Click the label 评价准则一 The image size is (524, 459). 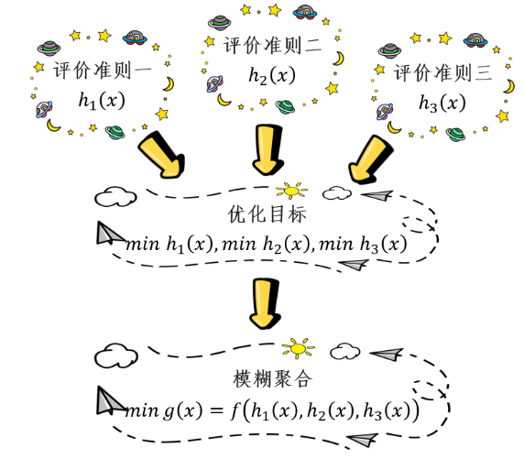103,71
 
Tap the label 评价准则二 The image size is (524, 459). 272,46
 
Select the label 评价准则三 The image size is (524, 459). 442,72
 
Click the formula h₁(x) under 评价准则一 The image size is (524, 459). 102,100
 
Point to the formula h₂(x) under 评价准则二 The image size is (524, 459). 272,75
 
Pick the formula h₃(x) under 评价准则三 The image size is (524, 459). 442,103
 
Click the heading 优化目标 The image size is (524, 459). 267,214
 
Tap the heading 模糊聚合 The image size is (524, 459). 273,379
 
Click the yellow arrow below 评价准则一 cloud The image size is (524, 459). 162,154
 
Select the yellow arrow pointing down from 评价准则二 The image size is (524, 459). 267,150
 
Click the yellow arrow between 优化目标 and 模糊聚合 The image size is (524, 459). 265,303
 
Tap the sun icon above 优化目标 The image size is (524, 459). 291,191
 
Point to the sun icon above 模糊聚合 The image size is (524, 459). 299,348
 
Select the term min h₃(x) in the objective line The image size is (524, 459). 364,245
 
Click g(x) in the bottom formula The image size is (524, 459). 182,410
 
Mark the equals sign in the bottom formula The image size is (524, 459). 216,410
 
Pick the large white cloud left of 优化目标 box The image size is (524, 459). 115,197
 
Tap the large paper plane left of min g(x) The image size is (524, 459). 110,401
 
